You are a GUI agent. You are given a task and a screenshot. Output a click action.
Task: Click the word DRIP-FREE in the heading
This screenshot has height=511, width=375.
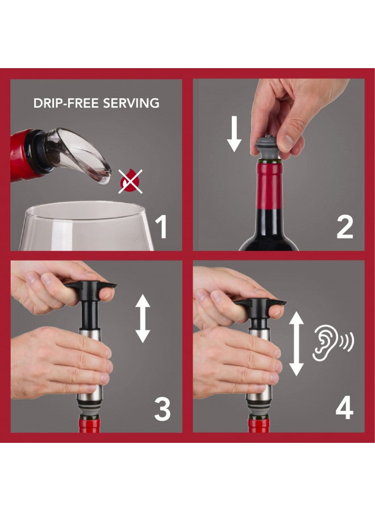[x=65, y=103]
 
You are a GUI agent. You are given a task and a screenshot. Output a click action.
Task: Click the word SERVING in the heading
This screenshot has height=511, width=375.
[x=131, y=103]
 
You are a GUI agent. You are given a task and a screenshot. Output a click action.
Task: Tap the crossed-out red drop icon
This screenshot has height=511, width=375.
[x=131, y=182]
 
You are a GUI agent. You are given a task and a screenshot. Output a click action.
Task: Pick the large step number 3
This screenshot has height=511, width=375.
[x=163, y=409]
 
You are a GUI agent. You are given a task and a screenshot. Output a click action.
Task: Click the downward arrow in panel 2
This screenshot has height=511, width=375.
[x=234, y=134]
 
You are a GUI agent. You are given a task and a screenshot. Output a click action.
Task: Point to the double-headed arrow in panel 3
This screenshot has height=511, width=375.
[x=143, y=319]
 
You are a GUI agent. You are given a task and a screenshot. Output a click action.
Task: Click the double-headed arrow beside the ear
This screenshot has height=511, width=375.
[x=297, y=344]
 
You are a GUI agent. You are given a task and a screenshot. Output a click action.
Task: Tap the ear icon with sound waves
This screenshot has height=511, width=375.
[x=332, y=344]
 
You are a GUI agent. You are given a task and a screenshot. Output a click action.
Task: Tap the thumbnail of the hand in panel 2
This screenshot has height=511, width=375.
[x=287, y=143]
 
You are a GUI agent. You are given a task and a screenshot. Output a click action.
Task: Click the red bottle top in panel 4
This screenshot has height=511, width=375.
[x=259, y=424]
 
